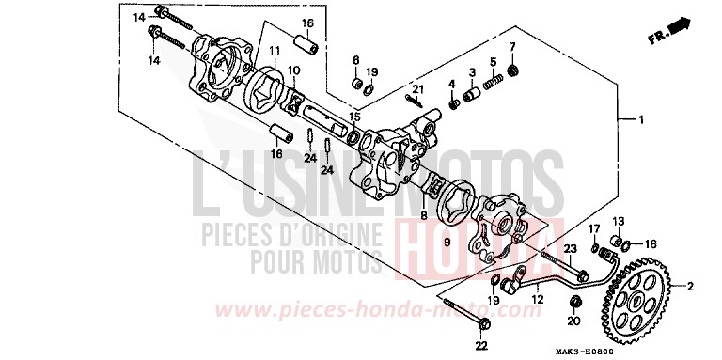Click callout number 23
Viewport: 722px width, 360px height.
click(570, 247)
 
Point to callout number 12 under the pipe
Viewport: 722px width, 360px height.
click(537, 299)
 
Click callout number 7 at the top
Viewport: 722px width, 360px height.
click(512, 46)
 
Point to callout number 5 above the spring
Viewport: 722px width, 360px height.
click(492, 62)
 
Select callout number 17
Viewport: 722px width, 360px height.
click(594, 228)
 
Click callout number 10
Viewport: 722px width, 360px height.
click(293, 69)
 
